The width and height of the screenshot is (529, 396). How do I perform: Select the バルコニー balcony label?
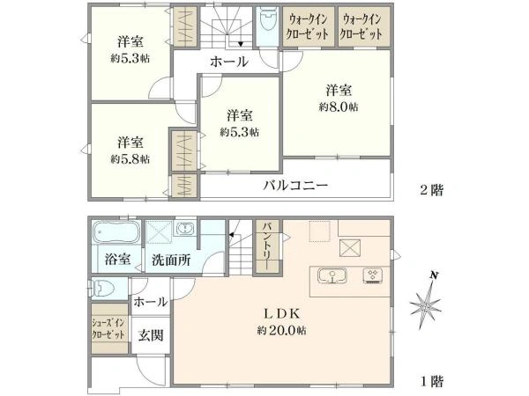tap(295, 186)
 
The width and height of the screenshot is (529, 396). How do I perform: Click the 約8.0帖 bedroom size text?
tap(339, 107)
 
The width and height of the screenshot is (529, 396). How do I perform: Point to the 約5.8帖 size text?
tap(130, 159)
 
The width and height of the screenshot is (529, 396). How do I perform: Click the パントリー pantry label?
tap(267, 244)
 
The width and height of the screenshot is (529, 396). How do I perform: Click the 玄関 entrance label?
tap(149, 335)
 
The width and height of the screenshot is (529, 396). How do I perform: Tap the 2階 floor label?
tap(433, 189)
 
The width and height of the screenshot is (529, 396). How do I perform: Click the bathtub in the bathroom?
tap(115, 233)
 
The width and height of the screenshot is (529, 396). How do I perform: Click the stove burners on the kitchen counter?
tap(371, 276)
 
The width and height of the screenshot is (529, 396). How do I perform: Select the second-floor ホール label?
tap(227, 62)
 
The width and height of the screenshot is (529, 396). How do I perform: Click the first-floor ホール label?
tap(151, 302)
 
